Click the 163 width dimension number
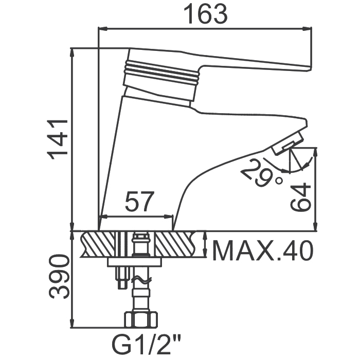(206, 14)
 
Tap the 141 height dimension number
(58, 139)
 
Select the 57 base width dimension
(139, 202)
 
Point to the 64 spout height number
(300, 197)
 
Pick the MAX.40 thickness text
(263, 251)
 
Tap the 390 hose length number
(59, 276)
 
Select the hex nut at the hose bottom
(141, 319)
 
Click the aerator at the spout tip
(288, 143)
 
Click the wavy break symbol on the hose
(141, 281)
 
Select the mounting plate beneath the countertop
(134, 262)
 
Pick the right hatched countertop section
(176, 244)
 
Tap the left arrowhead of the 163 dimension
(103, 29)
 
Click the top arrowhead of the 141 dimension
(73, 53)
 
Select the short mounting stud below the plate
(122, 277)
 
